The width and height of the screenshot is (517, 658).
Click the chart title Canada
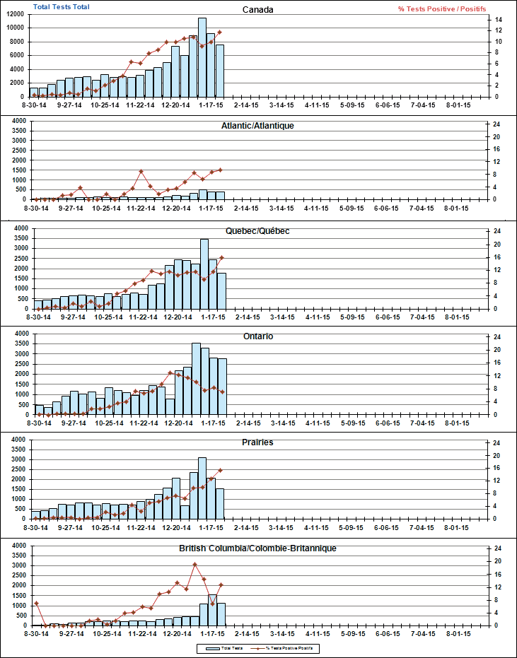pos(257,9)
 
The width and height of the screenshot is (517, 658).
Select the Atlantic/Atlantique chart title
pos(257,125)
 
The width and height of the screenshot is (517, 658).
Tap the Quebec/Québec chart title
pos(257,230)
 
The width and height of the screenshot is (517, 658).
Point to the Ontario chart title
pos(257,336)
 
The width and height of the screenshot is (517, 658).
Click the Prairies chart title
pos(257,442)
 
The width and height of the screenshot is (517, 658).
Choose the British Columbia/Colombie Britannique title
pos(257,548)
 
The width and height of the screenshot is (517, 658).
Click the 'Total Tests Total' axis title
pos(61,6)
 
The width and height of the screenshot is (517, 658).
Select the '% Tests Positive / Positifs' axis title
pos(441,8)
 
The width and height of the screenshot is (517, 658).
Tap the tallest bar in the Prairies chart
pos(202,488)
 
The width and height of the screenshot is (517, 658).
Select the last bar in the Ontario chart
pos(222,386)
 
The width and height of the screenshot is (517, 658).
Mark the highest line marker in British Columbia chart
pos(195,564)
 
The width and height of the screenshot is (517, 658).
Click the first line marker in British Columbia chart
pos(36,603)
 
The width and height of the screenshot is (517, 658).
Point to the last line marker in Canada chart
pos(220,32)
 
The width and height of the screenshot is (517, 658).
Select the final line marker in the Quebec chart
pos(222,258)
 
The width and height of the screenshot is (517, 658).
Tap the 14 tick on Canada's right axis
pos(498,19)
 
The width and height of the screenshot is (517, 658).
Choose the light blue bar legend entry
pos(226,647)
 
